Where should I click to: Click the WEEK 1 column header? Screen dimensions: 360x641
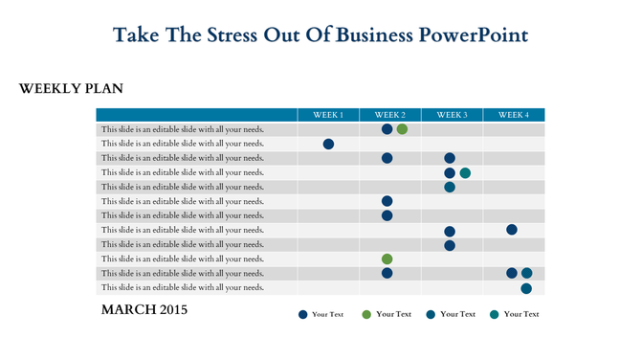(328, 115)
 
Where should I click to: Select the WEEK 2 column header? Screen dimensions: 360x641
(389, 115)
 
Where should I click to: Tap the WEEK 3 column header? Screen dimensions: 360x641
(452, 115)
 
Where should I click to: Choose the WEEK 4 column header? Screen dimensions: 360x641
(513, 115)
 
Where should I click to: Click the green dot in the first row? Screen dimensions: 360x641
(402, 129)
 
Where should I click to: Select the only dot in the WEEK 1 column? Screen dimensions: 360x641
(328, 144)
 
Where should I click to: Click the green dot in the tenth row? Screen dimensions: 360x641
(387, 259)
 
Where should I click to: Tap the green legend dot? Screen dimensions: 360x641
(366, 314)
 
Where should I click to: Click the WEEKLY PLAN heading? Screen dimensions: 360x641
(71, 89)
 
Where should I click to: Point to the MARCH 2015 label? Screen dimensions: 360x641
(144, 310)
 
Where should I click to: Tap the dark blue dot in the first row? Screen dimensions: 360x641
(387, 129)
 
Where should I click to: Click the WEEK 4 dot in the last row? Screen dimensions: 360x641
(526, 288)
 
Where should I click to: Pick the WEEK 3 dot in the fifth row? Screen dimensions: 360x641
(450, 187)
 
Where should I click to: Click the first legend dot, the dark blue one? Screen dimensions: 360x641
(303, 314)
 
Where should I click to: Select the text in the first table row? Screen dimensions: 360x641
(182, 129)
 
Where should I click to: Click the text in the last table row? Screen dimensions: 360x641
(182, 287)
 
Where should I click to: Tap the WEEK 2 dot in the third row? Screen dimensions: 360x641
(387, 158)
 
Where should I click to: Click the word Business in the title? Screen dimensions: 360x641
(369, 35)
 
